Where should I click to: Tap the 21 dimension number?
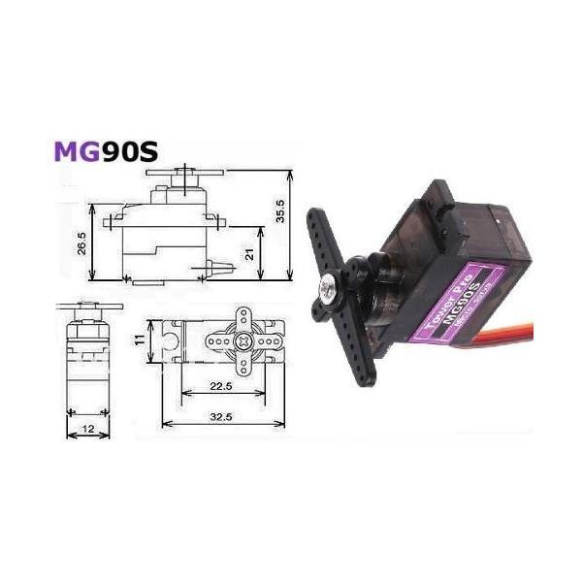250,254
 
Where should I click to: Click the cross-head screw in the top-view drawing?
242,342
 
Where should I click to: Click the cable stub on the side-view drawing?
223,269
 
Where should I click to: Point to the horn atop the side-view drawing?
181,176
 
